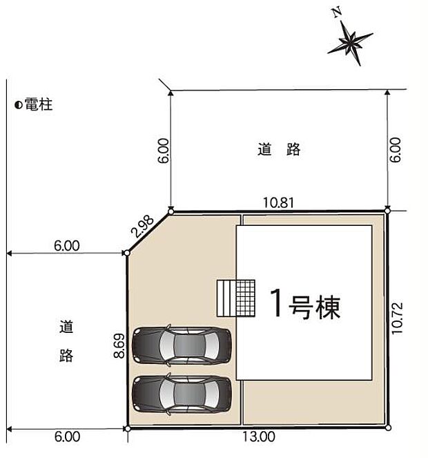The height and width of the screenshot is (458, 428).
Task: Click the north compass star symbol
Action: (351, 43)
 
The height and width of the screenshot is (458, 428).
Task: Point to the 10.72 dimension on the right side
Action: (396, 318)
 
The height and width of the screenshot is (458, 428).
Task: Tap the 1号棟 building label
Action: (304, 305)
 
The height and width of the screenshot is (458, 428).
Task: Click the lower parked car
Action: (181, 394)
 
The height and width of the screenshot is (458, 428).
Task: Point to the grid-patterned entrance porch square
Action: (246, 298)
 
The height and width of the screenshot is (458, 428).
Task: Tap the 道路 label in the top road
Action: (280, 149)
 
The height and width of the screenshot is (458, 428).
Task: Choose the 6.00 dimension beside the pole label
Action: (67, 245)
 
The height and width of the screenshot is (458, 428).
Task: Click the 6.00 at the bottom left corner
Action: (67, 437)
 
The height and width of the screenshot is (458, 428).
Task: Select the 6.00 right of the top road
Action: (395, 151)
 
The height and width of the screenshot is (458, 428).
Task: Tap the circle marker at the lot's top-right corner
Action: (387, 210)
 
